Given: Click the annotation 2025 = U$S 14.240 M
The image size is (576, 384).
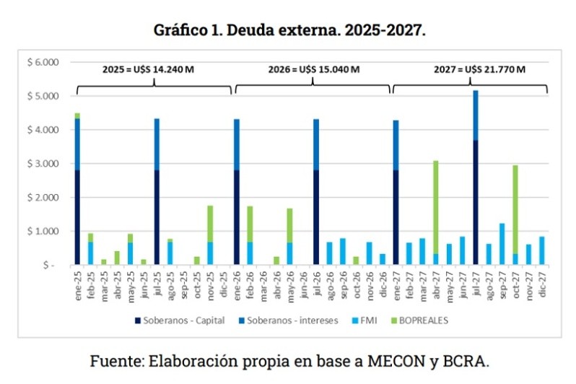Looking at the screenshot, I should pyautogui.click(x=153, y=70).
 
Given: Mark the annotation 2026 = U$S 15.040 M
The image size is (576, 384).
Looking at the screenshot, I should pyautogui.click(x=314, y=70).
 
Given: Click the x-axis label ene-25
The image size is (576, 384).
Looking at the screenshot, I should pyautogui.click(x=77, y=285).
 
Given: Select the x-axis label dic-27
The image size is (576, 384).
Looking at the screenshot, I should pyautogui.click(x=541, y=285).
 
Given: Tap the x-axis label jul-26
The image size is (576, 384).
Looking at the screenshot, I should pyautogui.click(x=315, y=285).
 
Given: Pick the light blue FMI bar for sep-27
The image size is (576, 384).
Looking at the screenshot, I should pyautogui.click(x=502, y=244).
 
